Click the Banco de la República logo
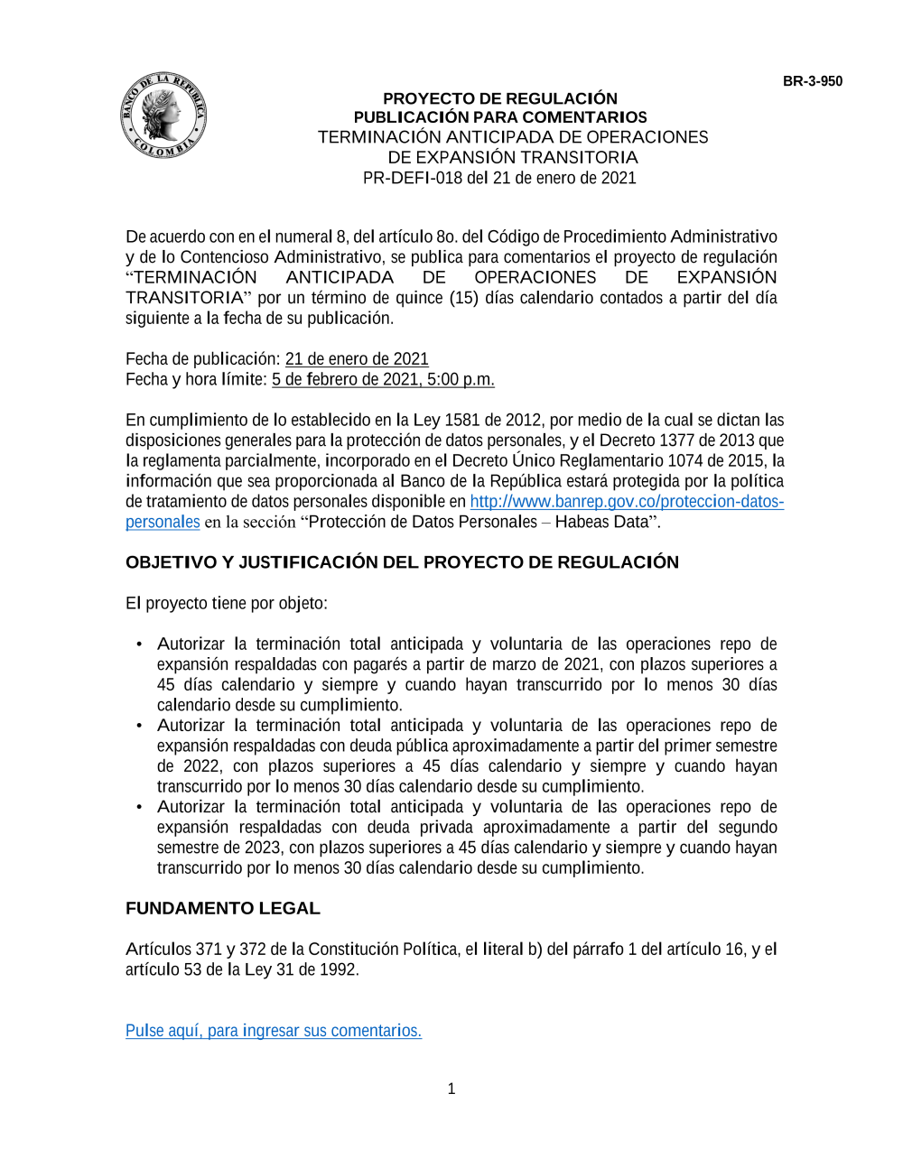tap(163, 116)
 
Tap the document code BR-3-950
tap(812, 81)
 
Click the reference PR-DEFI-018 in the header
tap(412, 178)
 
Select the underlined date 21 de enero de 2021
tap(357, 359)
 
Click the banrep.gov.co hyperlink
tap(626, 502)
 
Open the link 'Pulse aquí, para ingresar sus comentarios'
tap(273, 1031)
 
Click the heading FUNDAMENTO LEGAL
tap(222, 908)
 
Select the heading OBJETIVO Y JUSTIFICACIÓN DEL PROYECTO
tap(402, 562)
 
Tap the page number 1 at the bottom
tap(451, 1089)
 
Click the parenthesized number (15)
tap(463, 298)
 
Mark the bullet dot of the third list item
tap(138, 807)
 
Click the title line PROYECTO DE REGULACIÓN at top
tap(499, 98)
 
